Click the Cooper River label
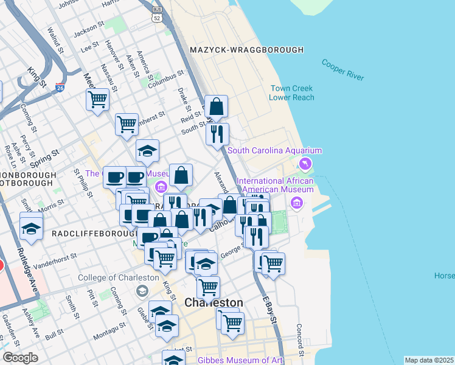pos(342,70)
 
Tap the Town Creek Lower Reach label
pos(293,92)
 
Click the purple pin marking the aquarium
pos(305,163)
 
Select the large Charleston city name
pos(214,302)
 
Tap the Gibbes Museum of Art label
pos(240,360)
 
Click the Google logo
pos(21,358)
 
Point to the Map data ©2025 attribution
pos(428,360)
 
